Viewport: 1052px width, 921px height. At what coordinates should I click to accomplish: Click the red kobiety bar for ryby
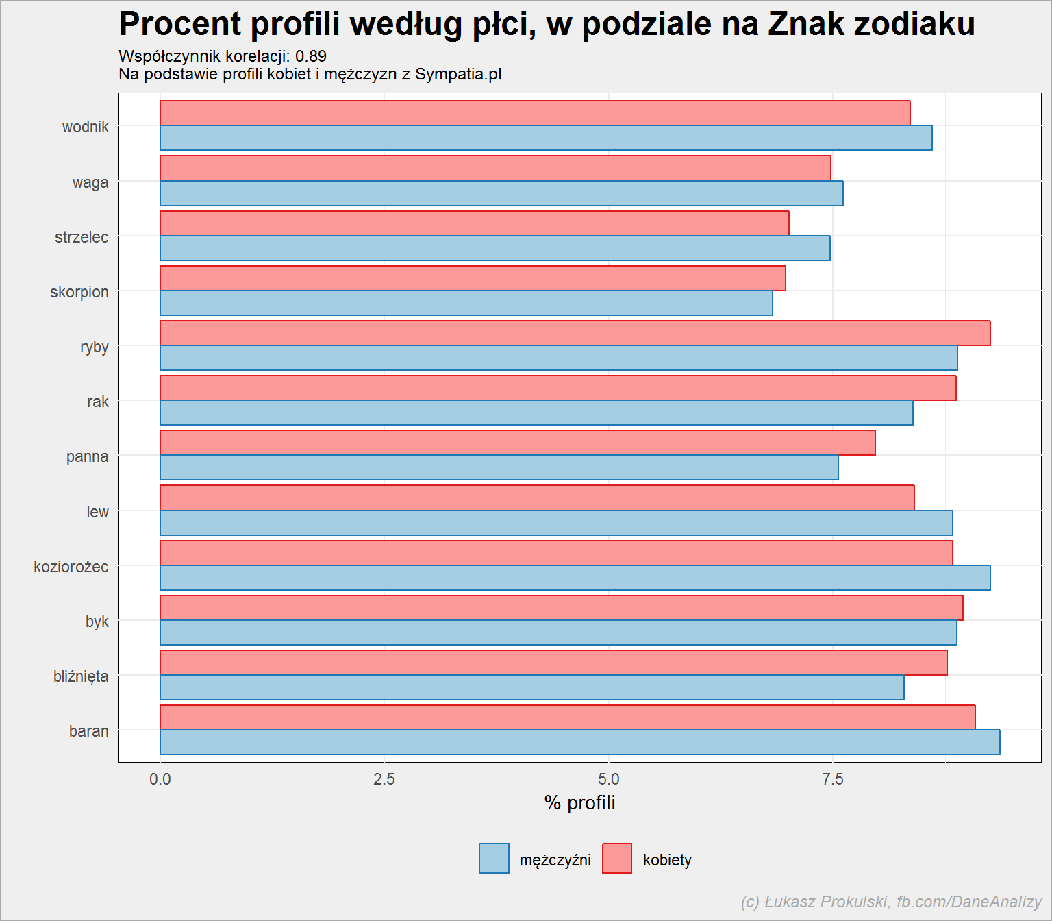575,333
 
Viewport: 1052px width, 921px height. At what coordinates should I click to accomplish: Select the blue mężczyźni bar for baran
580,742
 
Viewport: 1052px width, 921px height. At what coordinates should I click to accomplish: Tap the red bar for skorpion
473,278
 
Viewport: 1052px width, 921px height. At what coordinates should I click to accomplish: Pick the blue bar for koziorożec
575,577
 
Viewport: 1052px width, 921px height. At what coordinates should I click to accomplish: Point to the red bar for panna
518,443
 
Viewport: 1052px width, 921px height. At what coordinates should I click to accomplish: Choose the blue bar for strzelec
495,248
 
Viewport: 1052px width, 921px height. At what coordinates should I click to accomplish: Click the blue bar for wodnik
546,137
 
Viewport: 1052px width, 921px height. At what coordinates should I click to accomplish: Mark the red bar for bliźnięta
554,662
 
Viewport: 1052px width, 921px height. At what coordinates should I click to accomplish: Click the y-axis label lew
97,511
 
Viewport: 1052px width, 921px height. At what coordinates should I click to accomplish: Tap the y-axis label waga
90,183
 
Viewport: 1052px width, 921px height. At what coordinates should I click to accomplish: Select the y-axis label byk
97,622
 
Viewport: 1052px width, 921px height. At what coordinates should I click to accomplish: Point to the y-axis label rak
98,402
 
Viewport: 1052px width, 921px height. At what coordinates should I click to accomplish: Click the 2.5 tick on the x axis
384,780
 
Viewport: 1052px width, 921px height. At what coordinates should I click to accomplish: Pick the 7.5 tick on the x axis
832,780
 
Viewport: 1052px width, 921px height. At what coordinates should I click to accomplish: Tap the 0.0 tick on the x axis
160,780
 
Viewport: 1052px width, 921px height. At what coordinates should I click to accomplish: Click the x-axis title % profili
579,802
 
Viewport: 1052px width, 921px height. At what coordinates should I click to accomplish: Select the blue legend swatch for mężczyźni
494,858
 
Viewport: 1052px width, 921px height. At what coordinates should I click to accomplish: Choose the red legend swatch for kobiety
617,858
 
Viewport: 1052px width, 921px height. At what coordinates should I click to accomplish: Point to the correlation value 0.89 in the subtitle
310,56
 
